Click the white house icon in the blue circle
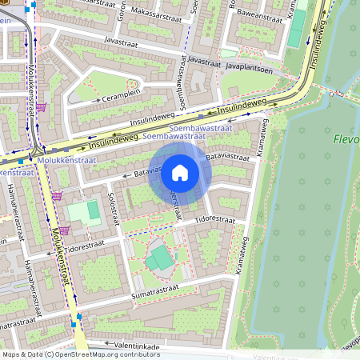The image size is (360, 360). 180,172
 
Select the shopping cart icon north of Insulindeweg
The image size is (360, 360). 41,106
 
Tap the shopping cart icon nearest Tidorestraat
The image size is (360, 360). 64,230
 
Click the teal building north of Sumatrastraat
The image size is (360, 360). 161,258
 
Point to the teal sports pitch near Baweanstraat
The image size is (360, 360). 297,28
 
